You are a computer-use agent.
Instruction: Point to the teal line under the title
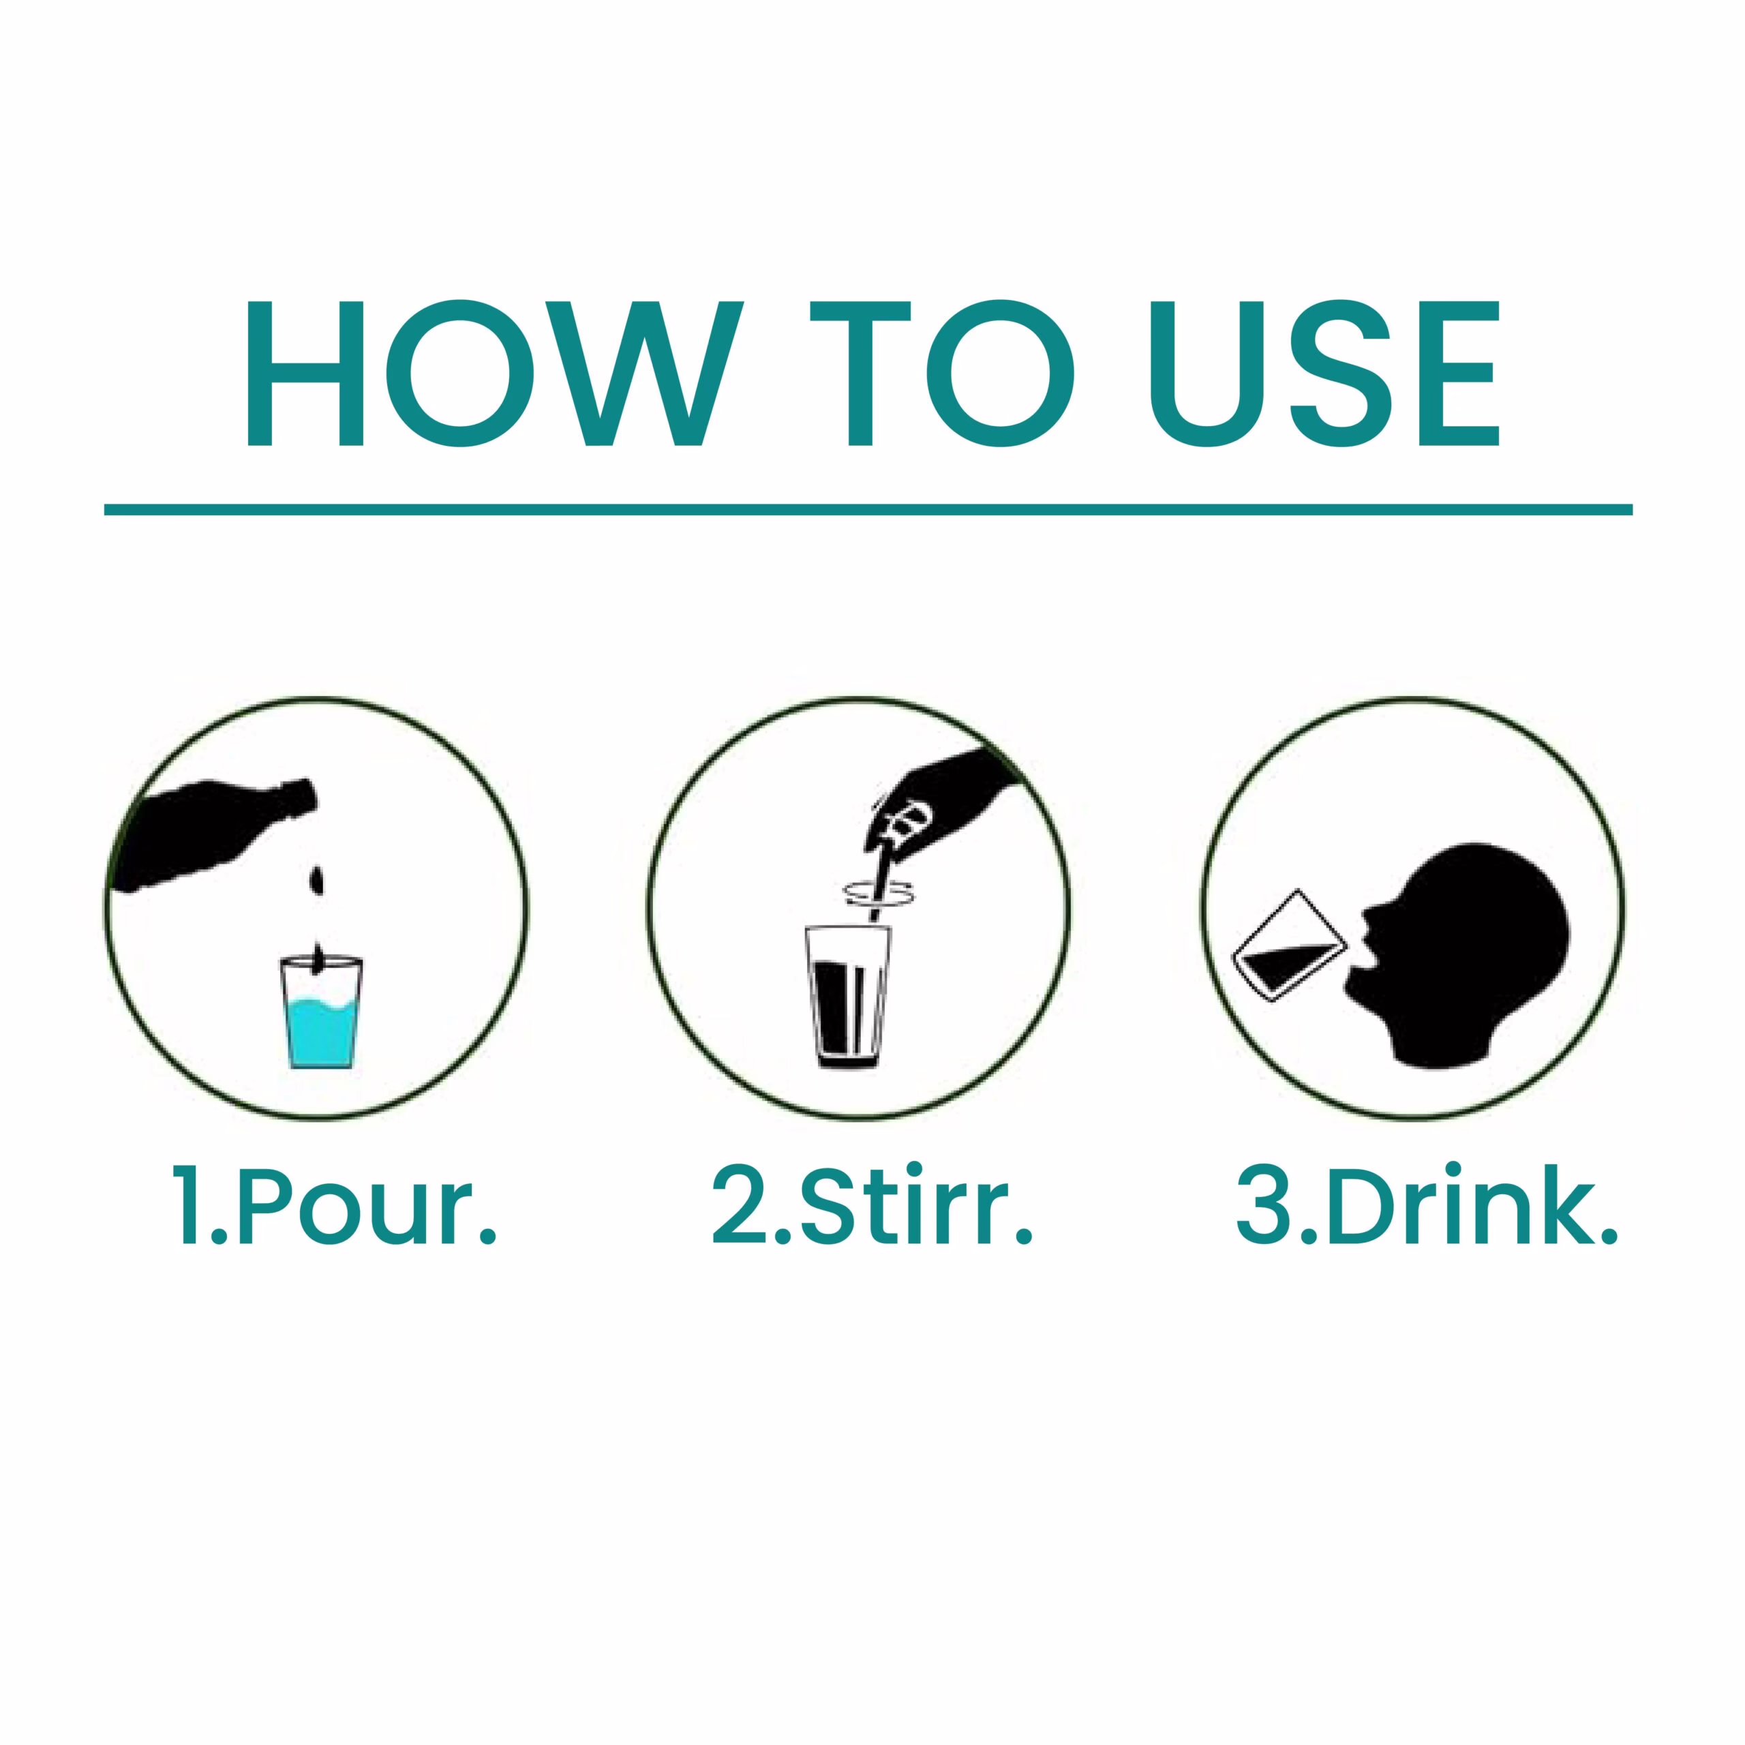coord(868,509)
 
